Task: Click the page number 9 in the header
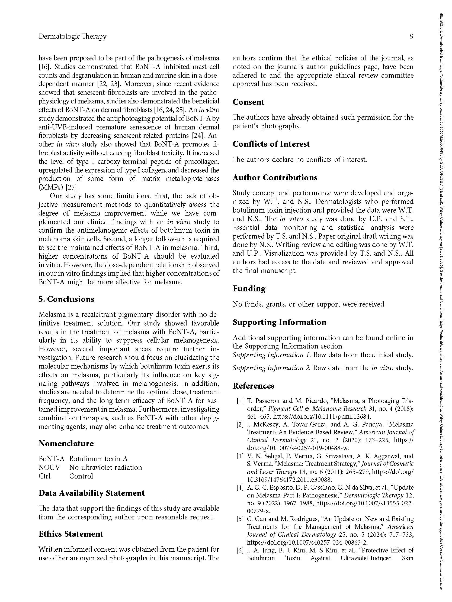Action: (x=411, y=36)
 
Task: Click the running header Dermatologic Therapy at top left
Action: (x=72, y=36)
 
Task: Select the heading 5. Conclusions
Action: (x=66, y=299)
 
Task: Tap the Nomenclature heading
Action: (x=66, y=443)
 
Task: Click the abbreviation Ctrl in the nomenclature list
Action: (x=45, y=476)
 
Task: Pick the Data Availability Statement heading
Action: (x=92, y=493)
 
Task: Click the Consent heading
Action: (x=248, y=102)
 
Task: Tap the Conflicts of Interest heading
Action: (x=271, y=144)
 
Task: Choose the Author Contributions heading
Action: (x=275, y=177)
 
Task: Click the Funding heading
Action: (x=249, y=288)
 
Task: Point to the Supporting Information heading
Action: (x=279, y=322)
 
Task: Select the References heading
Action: (x=253, y=386)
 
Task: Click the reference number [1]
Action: (x=240, y=401)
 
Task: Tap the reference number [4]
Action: (x=240, y=487)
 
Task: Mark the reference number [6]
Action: (x=240, y=550)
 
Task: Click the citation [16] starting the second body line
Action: (x=45, y=67)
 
